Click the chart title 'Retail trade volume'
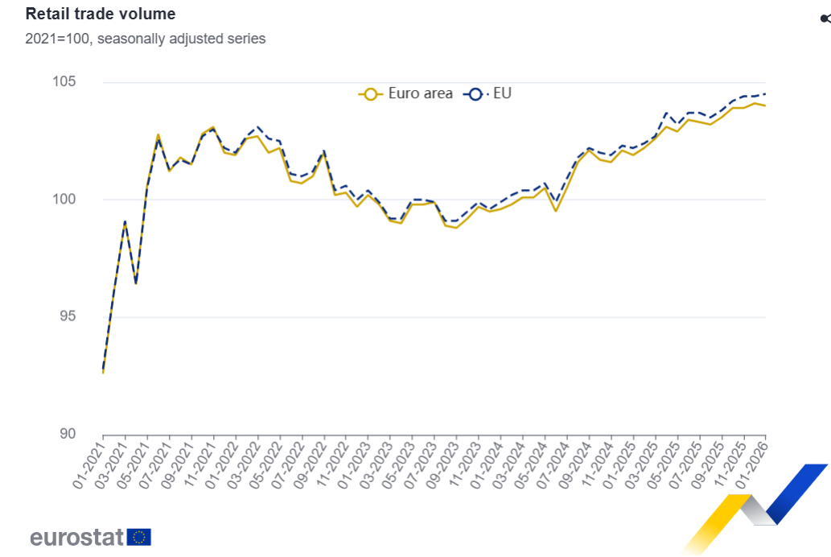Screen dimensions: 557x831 [x=101, y=14]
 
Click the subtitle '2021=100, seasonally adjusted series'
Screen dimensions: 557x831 [x=146, y=39]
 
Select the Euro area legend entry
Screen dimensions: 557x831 [x=407, y=93]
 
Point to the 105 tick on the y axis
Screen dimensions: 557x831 [x=65, y=82]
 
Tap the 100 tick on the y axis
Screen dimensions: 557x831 [x=65, y=200]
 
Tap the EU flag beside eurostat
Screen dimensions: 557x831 [x=138, y=537]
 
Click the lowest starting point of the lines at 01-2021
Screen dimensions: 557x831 [x=103, y=371]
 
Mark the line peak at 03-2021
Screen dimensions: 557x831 [x=125, y=221]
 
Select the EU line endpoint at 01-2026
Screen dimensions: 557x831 [x=765, y=94]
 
